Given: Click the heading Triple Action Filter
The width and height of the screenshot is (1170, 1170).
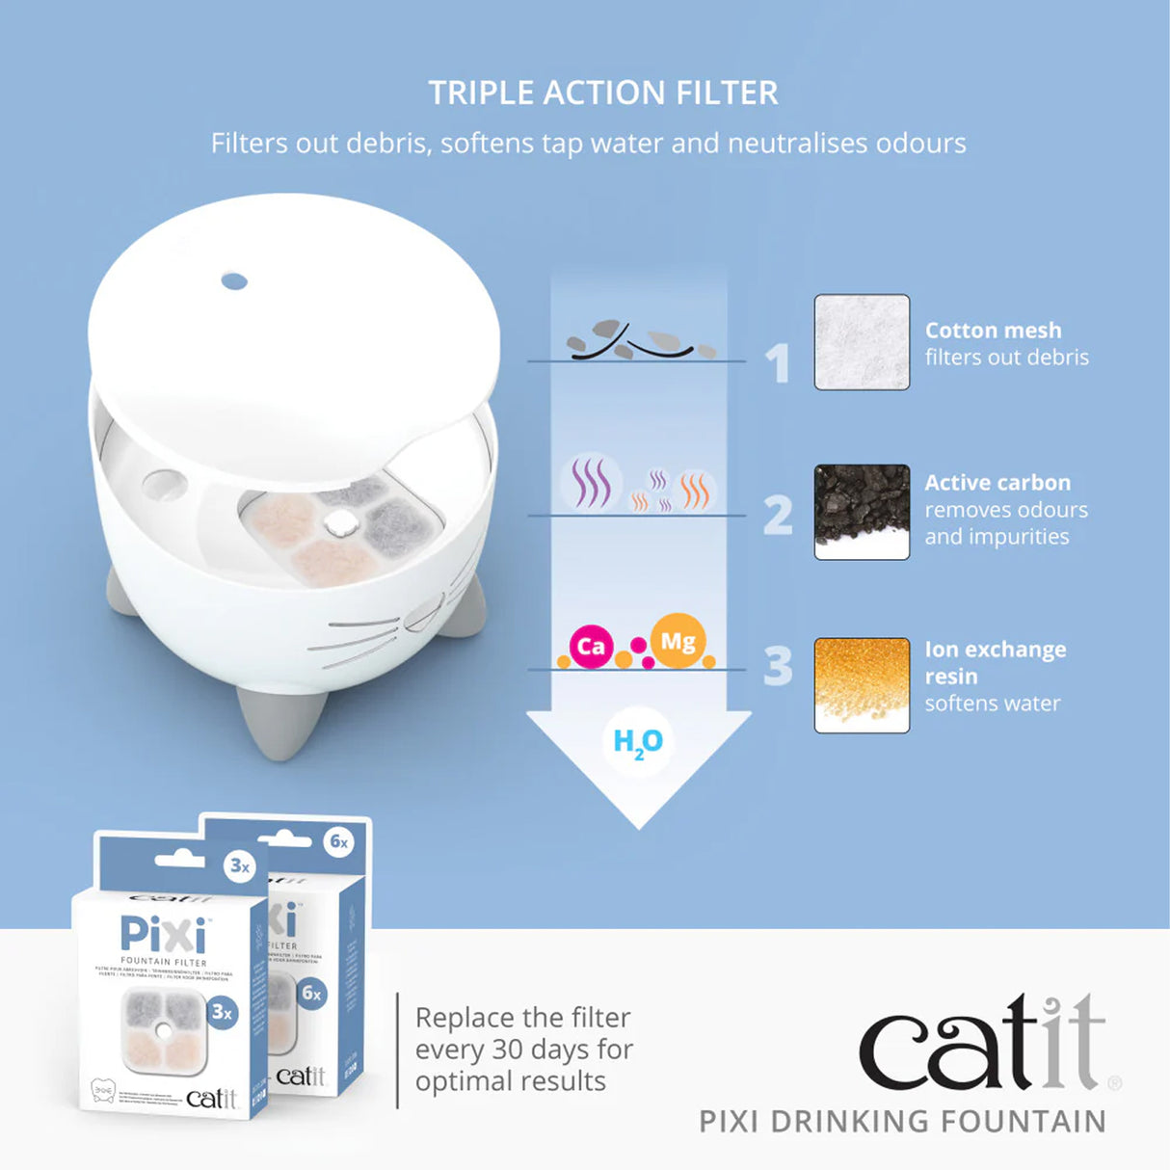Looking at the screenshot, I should coord(603,93).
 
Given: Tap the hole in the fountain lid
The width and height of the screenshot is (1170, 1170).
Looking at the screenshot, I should coord(234,281).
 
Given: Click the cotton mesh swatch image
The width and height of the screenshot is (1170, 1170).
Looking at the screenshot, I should coord(862,342).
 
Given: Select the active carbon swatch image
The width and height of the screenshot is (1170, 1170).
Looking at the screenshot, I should coord(862,512).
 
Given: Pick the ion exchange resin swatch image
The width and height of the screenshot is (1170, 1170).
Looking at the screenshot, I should coord(862,684).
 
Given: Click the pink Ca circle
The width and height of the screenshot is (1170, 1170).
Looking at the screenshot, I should coord(591,646).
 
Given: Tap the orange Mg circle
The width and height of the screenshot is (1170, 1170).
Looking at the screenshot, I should coord(678,641).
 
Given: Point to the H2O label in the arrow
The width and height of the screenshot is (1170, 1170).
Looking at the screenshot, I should coord(638,742).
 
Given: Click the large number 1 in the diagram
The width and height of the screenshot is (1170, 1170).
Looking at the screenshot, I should coord(778,363).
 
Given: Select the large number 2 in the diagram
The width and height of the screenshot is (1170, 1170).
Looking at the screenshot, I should coord(778,515).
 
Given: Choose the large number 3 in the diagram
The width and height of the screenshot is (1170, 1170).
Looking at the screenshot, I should coord(778,666).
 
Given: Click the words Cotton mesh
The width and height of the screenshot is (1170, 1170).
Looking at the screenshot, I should coord(993,330).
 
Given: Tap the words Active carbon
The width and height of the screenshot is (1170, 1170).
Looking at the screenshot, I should coord(997,482).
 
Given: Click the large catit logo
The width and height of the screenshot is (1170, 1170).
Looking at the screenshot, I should coord(981,1044).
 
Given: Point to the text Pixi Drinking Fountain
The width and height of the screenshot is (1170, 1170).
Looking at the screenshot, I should coord(902,1122).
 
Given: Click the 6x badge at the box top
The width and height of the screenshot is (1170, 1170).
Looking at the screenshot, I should coord(339,841).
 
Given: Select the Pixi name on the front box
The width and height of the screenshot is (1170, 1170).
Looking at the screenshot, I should coord(163,934).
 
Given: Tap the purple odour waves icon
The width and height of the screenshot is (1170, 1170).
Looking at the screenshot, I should coord(589,482).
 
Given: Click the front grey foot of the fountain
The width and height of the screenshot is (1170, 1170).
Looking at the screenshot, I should coord(281,721).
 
